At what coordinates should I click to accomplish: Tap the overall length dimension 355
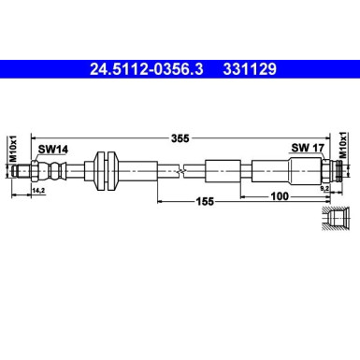(x=180, y=138)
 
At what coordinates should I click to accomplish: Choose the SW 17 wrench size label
(x=304, y=148)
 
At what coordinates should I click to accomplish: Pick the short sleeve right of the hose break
(x=222, y=171)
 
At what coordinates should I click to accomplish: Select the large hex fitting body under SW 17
(x=305, y=171)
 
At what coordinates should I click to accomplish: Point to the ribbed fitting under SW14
(x=56, y=171)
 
